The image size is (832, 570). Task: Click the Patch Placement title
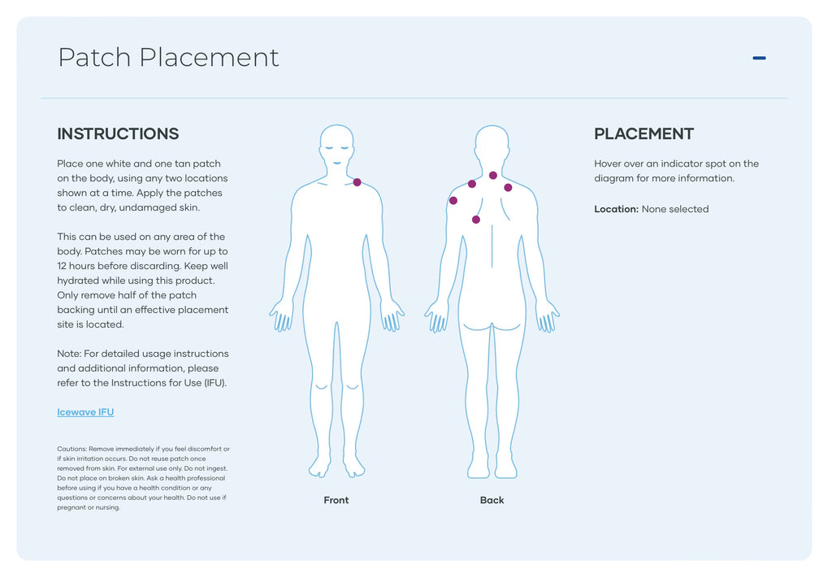coord(168,58)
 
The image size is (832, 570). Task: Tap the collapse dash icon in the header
coord(759,58)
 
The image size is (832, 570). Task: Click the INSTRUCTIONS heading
coord(118,134)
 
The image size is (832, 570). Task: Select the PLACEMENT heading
coord(643,134)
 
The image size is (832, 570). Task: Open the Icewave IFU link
coord(85,412)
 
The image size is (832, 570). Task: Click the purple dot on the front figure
coord(357,182)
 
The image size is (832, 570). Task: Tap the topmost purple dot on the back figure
coord(492,175)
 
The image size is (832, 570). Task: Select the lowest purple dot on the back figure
coord(475,220)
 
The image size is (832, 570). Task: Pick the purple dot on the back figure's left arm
coord(453,200)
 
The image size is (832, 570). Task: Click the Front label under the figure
coord(336,500)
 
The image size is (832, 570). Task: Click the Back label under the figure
coord(492,500)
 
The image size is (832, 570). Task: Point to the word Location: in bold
coord(616,209)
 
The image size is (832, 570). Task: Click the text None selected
coord(675,209)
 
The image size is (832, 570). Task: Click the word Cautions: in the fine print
coord(71,449)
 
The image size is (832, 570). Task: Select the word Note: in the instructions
coord(69,354)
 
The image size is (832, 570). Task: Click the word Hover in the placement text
coord(609,163)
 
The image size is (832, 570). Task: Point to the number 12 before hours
coord(63,266)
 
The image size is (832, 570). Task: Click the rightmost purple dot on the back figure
coord(508,187)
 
